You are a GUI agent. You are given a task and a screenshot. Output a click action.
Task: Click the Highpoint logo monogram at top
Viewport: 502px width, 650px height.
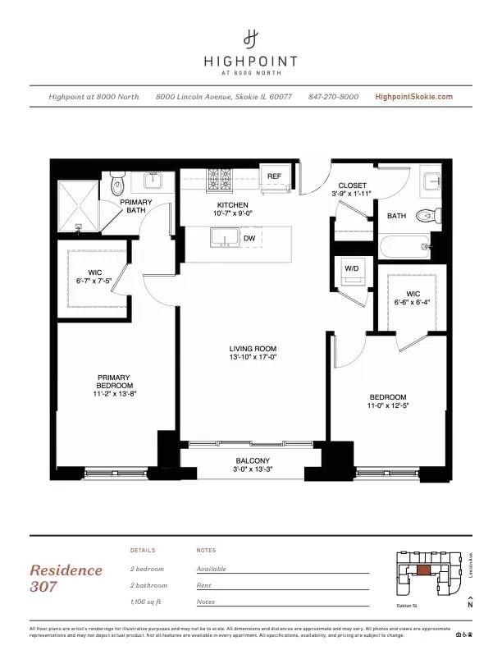251,38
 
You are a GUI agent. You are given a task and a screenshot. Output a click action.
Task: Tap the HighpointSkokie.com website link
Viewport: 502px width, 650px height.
413,97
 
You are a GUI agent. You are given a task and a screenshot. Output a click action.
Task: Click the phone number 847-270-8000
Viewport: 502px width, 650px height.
333,97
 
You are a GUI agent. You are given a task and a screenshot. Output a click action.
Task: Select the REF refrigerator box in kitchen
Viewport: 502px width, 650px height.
274,176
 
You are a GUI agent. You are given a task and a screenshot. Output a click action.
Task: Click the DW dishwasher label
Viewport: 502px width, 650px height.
249,238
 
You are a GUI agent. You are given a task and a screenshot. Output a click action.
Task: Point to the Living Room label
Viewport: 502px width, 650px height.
252,353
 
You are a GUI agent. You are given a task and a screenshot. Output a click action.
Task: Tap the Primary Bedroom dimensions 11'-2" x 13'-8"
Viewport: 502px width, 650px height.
113,393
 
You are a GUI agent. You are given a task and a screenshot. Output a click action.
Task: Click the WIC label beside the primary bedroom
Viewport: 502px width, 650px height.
94,277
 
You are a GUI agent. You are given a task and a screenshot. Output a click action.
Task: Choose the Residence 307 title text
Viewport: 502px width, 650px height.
66,578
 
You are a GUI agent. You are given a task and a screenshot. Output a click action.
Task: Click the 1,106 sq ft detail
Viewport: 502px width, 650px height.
148,602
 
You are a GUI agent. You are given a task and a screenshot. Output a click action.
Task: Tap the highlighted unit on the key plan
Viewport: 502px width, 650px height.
422,570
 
